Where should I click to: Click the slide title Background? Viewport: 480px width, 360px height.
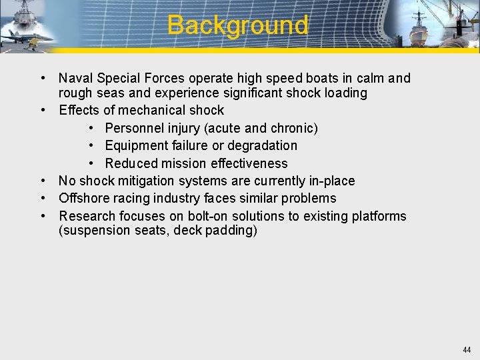(x=237, y=25)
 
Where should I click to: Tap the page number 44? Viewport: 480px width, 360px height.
(x=466, y=350)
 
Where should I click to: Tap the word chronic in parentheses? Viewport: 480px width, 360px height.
(x=291, y=128)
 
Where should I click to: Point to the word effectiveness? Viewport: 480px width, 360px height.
(x=249, y=163)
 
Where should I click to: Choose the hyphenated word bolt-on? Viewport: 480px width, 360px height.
(x=197, y=216)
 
